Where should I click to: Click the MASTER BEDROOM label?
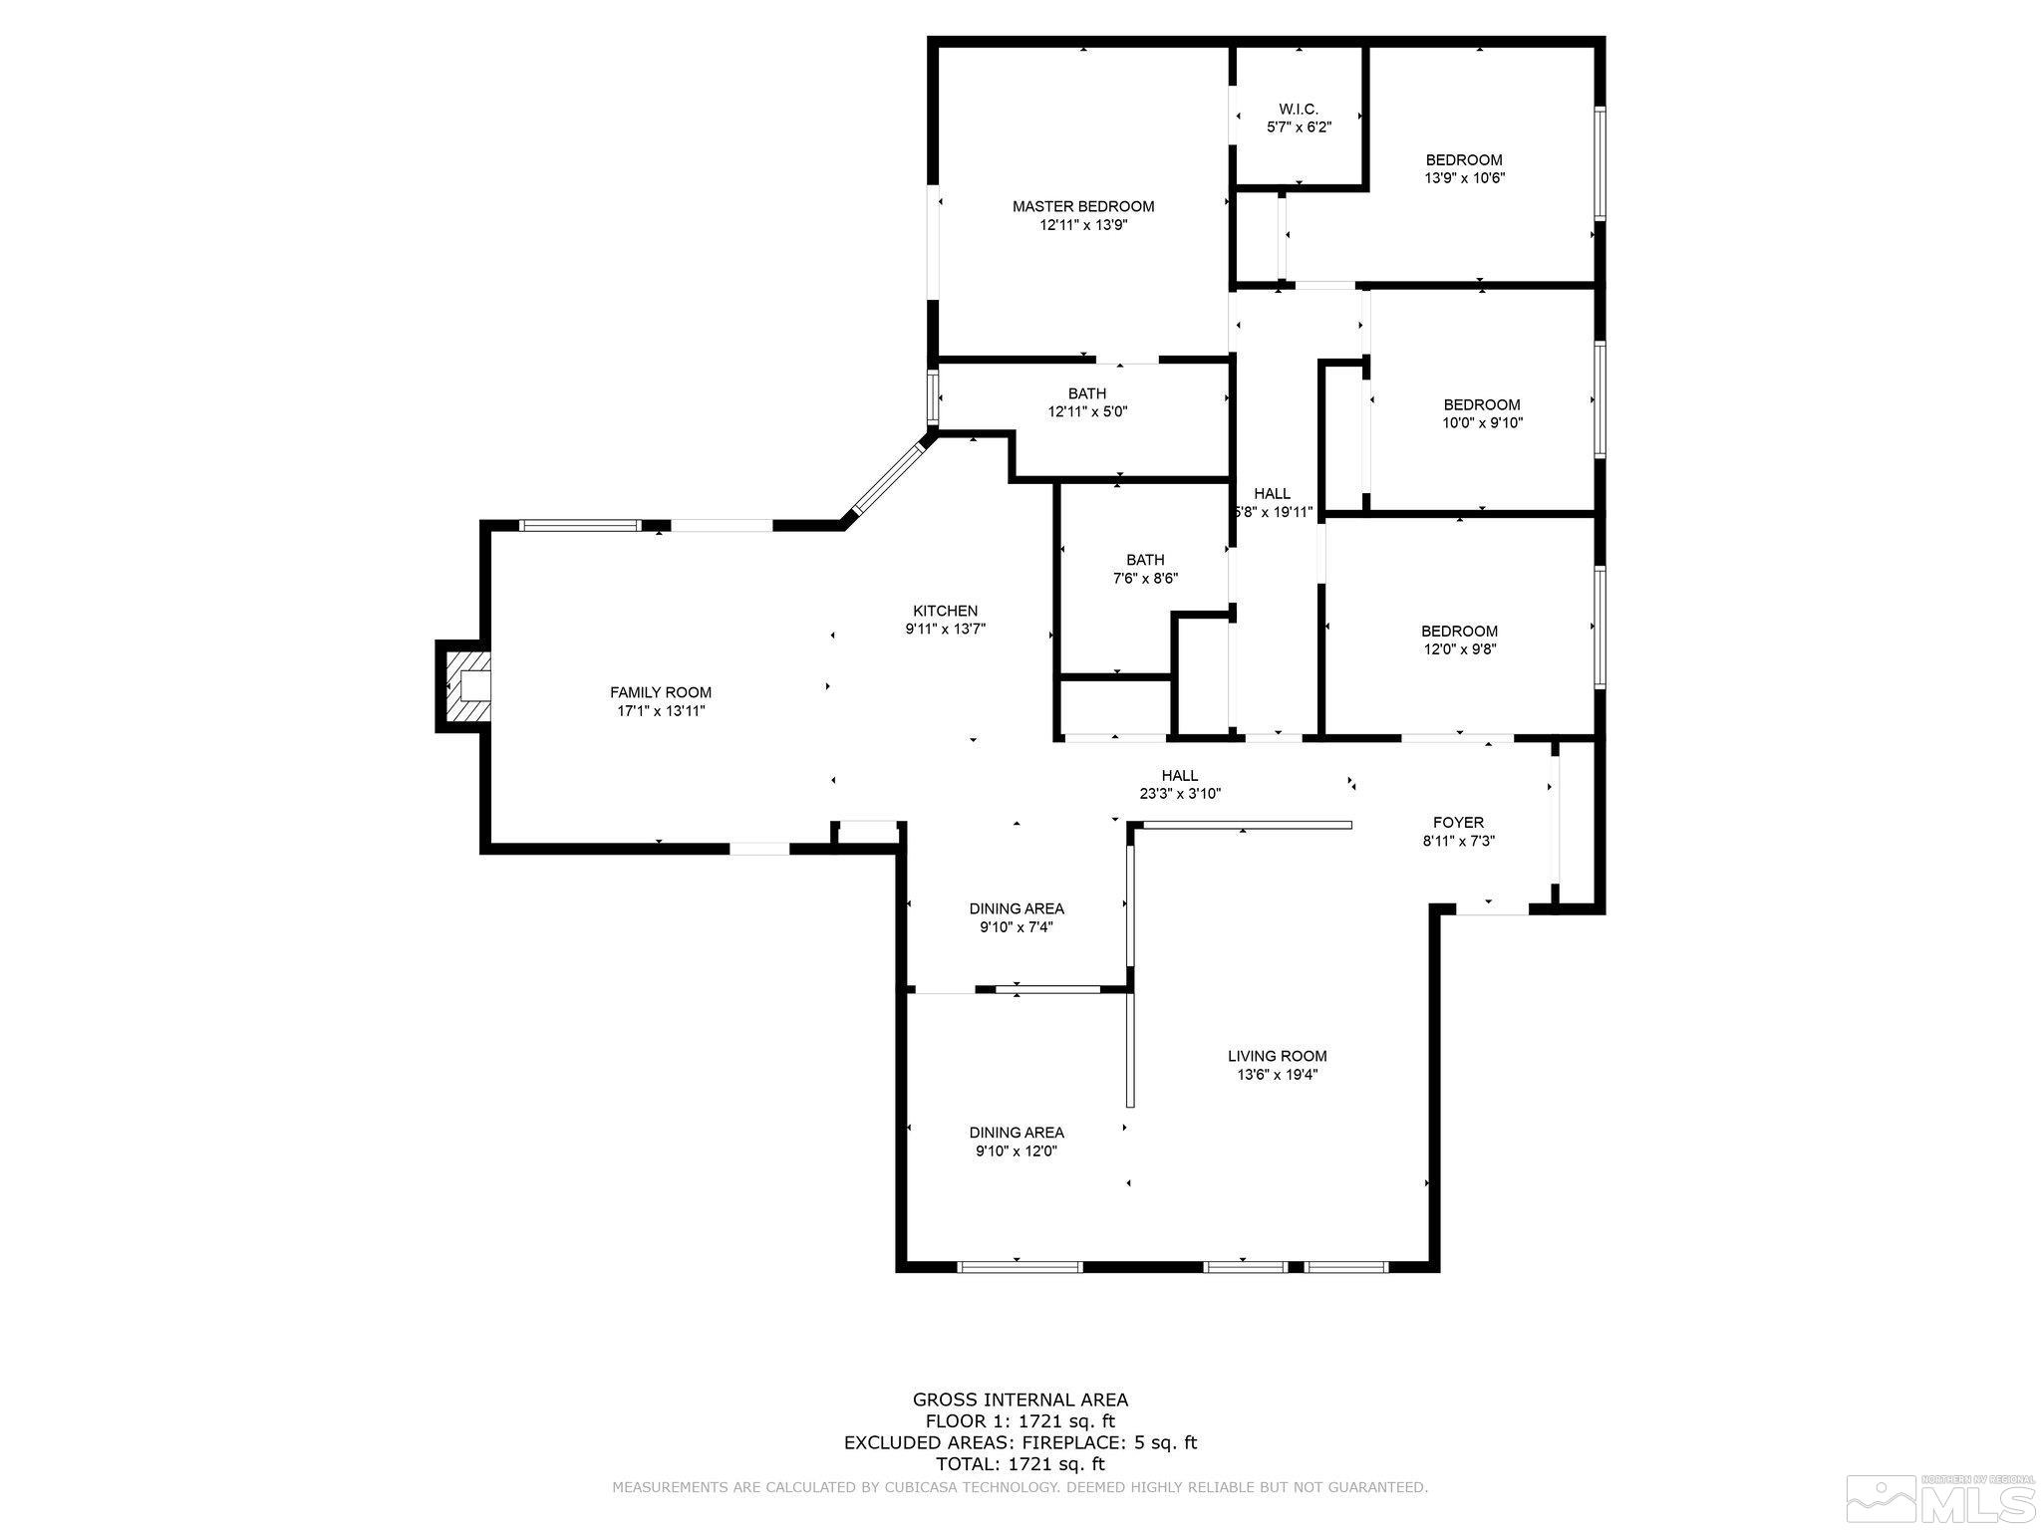click(1083, 206)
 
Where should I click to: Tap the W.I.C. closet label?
click(1299, 109)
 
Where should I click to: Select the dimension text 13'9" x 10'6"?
click(1464, 178)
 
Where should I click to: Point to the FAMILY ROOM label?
click(661, 692)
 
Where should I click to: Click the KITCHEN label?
click(945, 611)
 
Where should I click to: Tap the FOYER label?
click(1458, 822)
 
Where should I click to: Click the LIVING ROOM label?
click(1277, 1056)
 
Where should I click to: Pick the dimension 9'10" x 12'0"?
click(1016, 1150)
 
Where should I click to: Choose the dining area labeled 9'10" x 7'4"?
click(1016, 917)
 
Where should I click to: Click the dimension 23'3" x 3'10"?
click(1180, 794)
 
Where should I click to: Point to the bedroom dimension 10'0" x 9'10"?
click(1483, 422)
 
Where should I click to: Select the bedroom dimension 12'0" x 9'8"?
click(1459, 648)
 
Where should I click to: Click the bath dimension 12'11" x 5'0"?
click(1087, 411)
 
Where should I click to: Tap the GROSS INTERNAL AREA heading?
click(1020, 1400)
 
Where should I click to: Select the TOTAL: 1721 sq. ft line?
click(1020, 1463)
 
